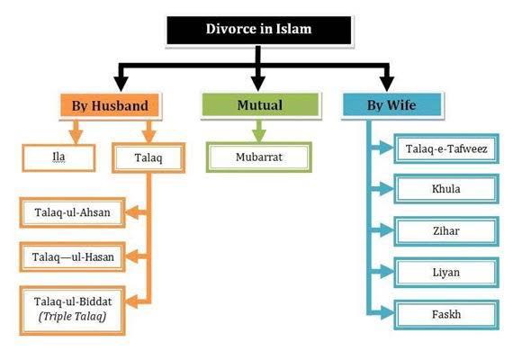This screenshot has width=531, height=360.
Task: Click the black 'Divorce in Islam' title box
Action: click(x=259, y=30)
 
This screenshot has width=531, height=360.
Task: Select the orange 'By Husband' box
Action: click(x=110, y=105)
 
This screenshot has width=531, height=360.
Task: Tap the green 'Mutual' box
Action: click(x=260, y=104)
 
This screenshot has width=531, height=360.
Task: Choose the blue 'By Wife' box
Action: click(x=392, y=104)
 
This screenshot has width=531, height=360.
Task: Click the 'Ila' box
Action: click(x=58, y=157)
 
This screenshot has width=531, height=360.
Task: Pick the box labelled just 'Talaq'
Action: click(x=148, y=157)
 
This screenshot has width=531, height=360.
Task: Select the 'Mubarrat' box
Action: click(x=259, y=157)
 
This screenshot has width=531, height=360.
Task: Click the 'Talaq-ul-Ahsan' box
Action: click(x=73, y=212)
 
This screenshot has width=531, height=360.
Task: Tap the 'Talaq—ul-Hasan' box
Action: click(x=73, y=257)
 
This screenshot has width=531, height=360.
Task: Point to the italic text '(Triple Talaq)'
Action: click(x=73, y=316)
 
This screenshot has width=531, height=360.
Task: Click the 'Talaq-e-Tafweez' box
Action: click(x=446, y=148)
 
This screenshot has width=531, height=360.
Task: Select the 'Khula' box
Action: click(x=446, y=189)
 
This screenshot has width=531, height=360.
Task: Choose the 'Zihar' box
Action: click(x=446, y=231)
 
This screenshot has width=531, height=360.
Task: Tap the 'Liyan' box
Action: click(x=446, y=273)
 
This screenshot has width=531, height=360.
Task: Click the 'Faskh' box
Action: click(x=446, y=315)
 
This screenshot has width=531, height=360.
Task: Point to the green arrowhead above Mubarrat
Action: click(x=259, y=136)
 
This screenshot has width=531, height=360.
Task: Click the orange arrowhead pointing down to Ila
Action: click(x=76, y=137)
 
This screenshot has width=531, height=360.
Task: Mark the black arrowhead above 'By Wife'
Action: click(x=387, y=84)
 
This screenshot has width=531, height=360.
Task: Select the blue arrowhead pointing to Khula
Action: click(x=386, y=189)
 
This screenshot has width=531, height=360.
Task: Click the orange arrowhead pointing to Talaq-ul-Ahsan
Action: click(x=133, y=212)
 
